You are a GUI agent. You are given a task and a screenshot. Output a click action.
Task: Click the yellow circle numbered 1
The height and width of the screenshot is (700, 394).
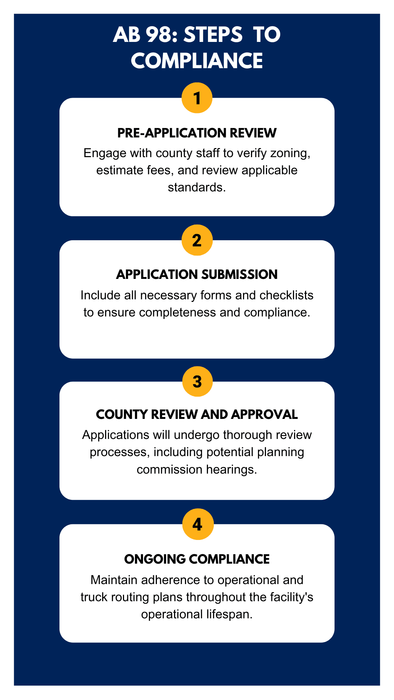point(197,98)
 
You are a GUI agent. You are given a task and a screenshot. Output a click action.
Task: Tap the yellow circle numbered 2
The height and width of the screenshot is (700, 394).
point(197,240)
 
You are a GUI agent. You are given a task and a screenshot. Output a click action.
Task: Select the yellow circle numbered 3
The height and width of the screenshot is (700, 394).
point(197,381)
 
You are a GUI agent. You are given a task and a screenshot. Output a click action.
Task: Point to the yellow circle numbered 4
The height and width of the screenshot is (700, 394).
point(197,524)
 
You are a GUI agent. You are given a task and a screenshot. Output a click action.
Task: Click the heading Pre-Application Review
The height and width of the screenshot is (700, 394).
point(197,133)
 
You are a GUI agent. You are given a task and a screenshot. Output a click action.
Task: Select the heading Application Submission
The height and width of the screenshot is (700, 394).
point(197,275)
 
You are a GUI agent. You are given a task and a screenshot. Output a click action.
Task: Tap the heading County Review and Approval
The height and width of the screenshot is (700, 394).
point(197,415)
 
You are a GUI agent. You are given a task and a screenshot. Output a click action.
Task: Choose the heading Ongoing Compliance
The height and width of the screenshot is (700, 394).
point(197,559)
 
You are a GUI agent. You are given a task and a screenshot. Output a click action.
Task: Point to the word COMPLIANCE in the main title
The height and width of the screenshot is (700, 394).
point(197,61)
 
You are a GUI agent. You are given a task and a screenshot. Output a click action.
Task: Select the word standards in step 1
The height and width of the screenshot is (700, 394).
point(197,187)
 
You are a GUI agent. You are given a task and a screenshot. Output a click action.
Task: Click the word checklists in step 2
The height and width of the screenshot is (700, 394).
point(286,295)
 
